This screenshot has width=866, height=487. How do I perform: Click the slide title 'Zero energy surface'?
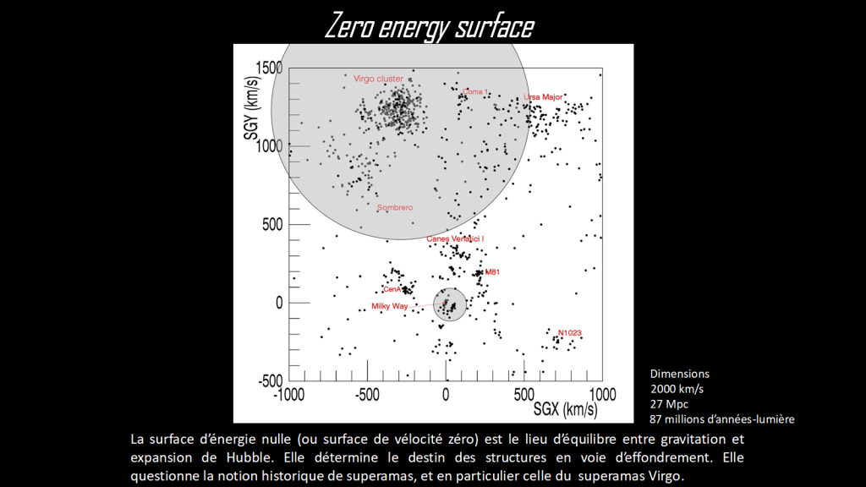[x=429, y=26]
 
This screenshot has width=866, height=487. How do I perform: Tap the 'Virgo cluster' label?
[x=378, y=79]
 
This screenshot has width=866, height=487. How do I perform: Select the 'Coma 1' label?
[x=474, y=91]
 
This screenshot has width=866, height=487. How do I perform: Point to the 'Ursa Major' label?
[x=543, y=97]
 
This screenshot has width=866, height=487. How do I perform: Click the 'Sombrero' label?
[x=394, y=207]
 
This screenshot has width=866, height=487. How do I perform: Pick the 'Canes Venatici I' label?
[x=455, y=239]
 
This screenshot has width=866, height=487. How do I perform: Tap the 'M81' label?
[x=492, y=272]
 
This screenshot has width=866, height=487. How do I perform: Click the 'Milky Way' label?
[x=389, y=306]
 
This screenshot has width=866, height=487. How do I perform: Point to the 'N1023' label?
[x=570, y=332]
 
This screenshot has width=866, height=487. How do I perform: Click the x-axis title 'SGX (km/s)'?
[x=565, y=410]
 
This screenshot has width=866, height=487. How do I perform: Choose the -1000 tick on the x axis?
[x=289, y=394]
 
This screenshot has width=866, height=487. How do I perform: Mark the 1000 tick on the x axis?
[x=602, y=394]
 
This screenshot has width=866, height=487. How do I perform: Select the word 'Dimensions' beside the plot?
[x=679, y=373]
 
